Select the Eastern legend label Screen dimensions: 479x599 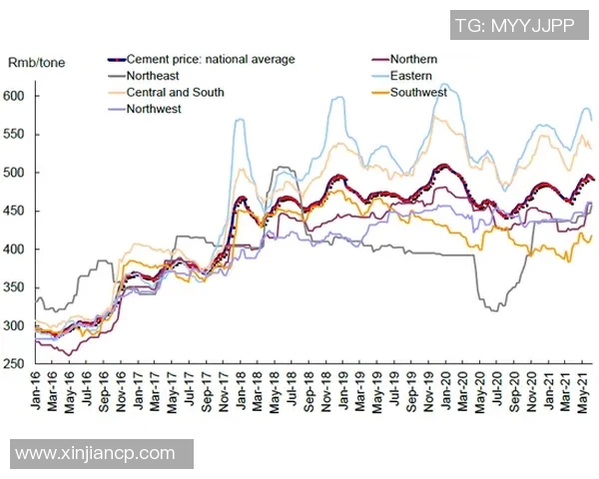point(411,75)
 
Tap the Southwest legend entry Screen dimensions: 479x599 point(418,92)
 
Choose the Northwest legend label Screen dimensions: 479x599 point(154,109)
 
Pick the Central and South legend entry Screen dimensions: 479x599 point(175,92)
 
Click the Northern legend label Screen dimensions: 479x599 point(414,59)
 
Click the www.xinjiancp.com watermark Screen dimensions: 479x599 point(95,453)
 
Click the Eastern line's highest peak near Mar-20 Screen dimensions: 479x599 point(445,84)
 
